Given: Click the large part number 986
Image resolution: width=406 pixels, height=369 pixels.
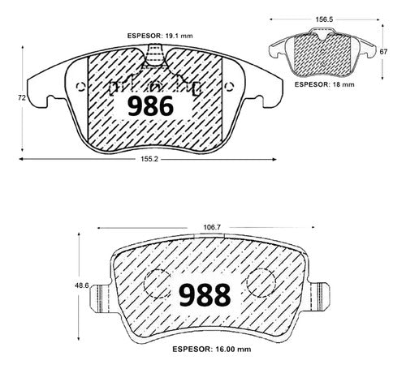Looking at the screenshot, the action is pyautogui.click(x=150, y=106).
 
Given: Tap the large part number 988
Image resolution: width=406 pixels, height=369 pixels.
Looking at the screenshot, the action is pyautogui.click(x=205, y=295).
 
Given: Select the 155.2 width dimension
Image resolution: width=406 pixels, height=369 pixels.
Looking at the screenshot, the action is pyautogui.click(x=149, y=159).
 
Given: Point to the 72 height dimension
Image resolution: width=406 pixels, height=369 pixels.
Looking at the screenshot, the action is pyautogui.click(x=22, y=98).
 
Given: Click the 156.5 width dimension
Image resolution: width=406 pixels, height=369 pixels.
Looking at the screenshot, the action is pyautogui.click(x=324, y=19).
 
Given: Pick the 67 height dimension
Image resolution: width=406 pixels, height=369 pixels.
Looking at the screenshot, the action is pyautogui.click(x=383, y=52).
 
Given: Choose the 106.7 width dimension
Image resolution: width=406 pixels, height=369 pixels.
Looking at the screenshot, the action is pyautogui.click(x=212, y=228).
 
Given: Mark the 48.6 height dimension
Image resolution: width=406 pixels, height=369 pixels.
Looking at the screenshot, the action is pyautogui.click(x=82, y=285).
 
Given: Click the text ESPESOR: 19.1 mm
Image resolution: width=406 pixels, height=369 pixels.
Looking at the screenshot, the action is pyautogui.click(x=160, y=36).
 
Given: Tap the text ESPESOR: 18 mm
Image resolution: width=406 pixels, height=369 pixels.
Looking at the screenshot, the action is pyautogui.click(x=324, y=84).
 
